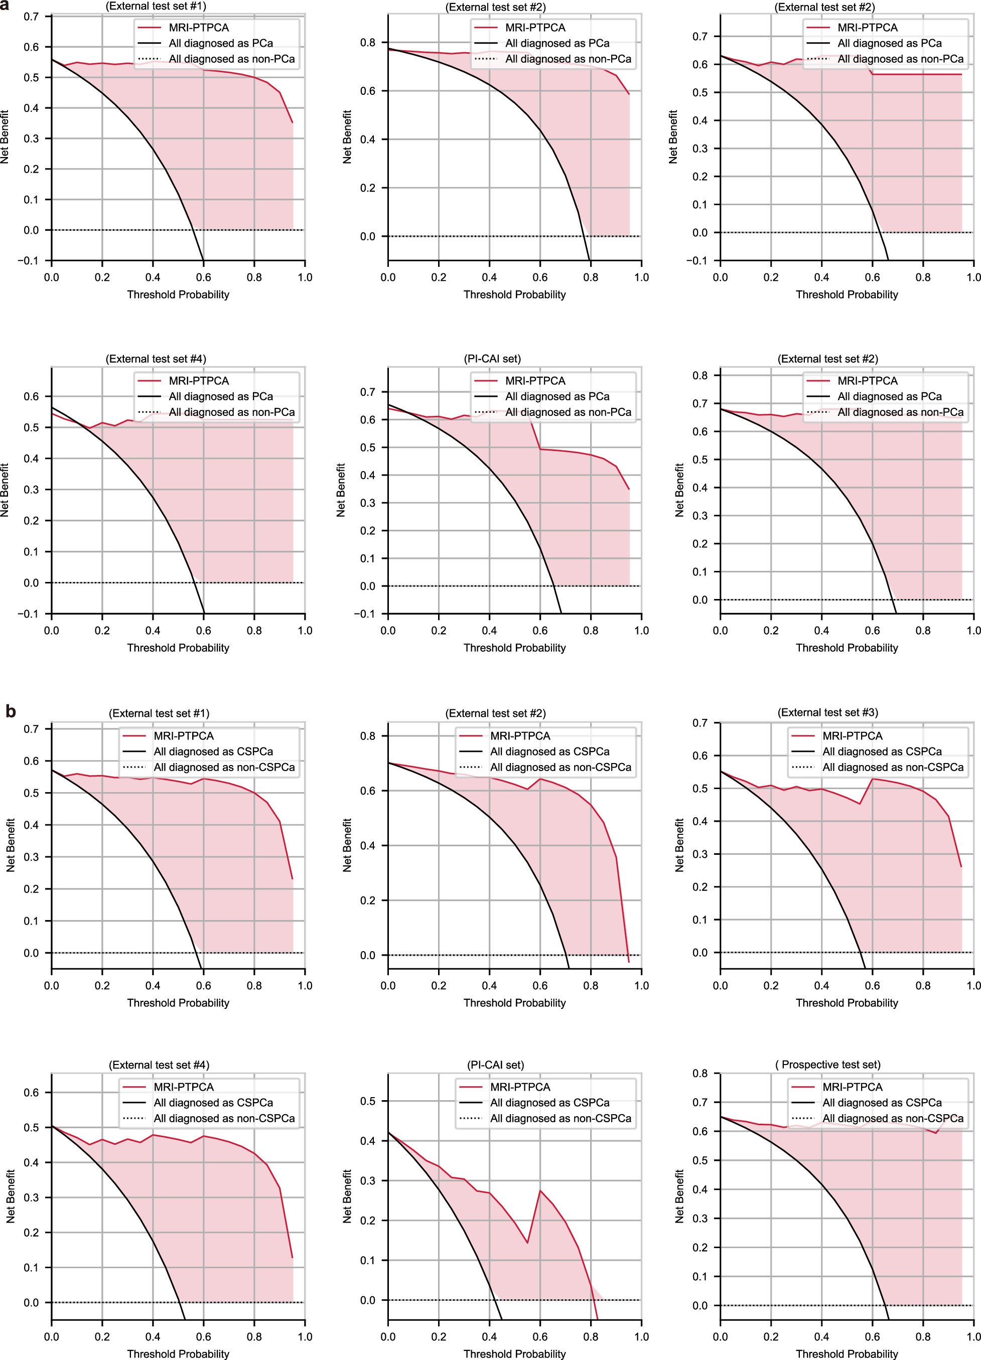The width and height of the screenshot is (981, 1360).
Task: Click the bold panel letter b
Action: (10, 711)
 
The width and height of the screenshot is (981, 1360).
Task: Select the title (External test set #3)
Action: (827, 712)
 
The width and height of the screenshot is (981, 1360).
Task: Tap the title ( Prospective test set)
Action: (827, 1065)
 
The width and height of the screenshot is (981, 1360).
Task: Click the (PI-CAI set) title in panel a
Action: (492, 359)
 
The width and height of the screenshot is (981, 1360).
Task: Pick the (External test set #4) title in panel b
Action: (159, 1065)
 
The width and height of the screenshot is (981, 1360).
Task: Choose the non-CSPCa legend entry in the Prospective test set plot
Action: (893, 1118)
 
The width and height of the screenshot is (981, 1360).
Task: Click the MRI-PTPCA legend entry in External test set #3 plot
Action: (852, 736)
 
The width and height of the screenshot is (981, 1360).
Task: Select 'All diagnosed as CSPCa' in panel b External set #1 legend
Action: (213, 751)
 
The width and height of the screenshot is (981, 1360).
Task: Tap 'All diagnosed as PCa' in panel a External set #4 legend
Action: (221, 396)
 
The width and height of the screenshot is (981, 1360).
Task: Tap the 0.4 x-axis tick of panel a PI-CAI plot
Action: (489, 630)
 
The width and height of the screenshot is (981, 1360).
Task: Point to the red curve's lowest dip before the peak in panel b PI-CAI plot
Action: (528, 1243)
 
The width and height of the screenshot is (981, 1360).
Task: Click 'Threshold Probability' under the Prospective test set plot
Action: (847, 1354)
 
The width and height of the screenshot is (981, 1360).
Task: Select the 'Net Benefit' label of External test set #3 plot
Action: (679, 845)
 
